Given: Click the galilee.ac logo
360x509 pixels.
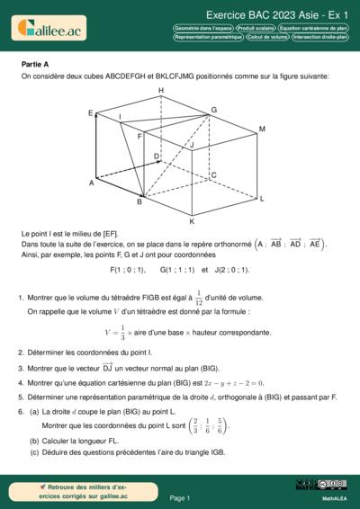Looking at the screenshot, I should [x=48, y=29].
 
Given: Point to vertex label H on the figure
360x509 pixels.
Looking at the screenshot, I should [x=160, y=92].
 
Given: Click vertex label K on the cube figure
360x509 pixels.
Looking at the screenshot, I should [x=191, y=220].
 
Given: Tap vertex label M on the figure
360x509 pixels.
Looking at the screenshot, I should [x=261, y=129].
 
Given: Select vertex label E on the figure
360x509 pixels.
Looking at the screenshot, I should [x=91, y=113].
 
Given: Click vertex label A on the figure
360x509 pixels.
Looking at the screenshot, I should [x=91, y=183].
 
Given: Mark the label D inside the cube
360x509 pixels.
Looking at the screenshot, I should [x=157, y=156].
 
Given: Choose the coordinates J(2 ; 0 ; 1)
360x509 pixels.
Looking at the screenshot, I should [x=231, y=269].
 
